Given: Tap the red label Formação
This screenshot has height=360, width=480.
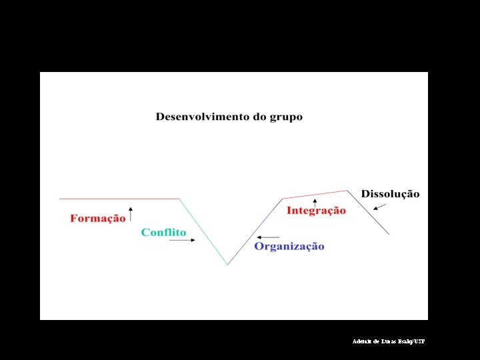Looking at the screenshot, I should coord(97,218).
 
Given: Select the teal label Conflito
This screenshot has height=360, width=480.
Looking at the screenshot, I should coord(163,232).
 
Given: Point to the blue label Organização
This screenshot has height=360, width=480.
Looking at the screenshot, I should coord(289,246).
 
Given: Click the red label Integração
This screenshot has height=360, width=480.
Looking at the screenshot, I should coord(316,211).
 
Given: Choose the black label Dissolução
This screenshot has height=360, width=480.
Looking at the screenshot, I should coord(390,194).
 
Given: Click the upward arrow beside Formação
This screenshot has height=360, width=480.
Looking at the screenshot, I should coord(131,214).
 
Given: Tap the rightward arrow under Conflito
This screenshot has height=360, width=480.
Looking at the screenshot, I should coord(182,241).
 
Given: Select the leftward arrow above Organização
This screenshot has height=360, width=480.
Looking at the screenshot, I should coord(269,237).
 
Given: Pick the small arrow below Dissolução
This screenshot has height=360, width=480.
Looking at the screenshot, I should coord(379,207).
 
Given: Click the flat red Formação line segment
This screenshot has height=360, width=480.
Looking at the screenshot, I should coord(120,199).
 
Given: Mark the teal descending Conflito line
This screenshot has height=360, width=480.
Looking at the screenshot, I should coord(203,231).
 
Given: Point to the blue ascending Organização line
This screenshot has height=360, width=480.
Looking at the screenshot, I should coord(255,231).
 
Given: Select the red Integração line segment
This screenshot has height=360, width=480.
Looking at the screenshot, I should coord(315,195).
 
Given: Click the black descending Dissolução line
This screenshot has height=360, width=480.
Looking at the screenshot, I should coord(369,213).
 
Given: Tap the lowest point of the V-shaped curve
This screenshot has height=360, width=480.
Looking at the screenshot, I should coord(228,265).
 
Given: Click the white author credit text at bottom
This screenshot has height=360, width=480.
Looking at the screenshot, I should coord(388,341).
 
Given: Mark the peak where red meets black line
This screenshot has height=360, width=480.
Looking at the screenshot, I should coord(348,191).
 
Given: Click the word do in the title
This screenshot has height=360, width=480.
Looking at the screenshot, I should coord(260,117).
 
